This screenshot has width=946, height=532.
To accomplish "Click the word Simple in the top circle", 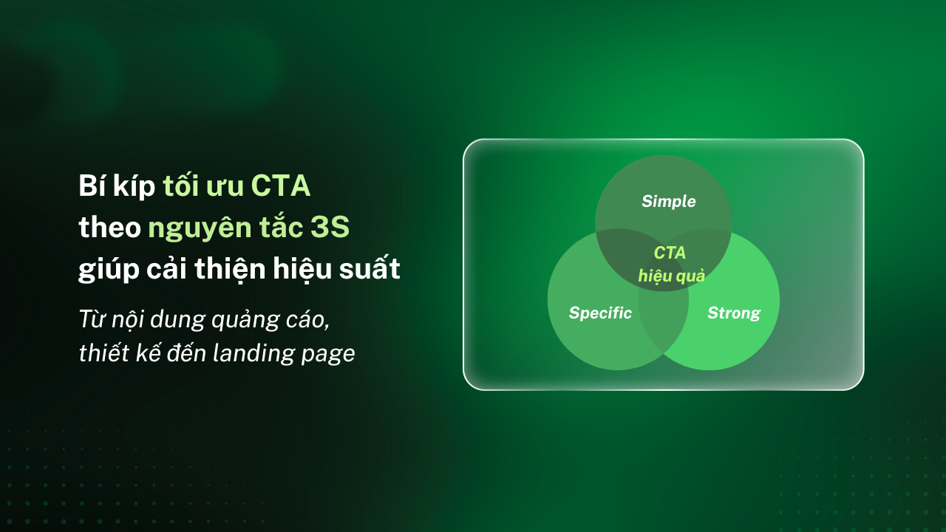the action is click(669, 202).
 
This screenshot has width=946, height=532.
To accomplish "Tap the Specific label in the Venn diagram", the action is click(600, 313).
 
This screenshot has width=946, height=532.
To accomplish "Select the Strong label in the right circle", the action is click(734, 313).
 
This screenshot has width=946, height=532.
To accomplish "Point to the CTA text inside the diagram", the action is click(670, 253).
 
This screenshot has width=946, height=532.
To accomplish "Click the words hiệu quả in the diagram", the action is click(672, 276).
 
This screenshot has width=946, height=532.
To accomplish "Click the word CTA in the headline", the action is click(281, 185).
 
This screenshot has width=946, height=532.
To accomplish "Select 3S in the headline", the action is click(330, 227).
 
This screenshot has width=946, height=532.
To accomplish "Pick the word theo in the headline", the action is click(110, 227).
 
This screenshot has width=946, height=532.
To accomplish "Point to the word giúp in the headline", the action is click(109, 270).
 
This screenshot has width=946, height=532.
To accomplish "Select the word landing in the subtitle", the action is click(253, 354).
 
